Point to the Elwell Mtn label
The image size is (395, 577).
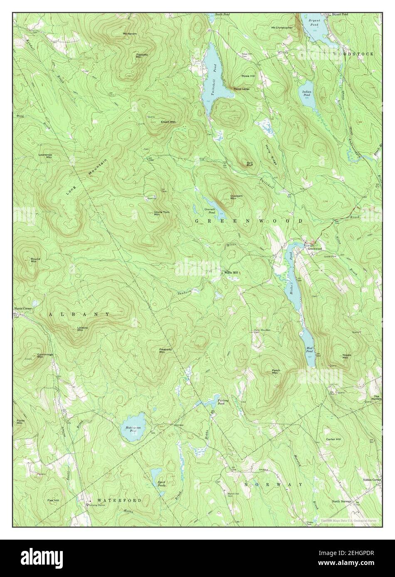click(x=168, y=122)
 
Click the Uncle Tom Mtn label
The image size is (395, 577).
click(x=157, y=213)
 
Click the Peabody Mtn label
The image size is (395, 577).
click(x=165, y=351)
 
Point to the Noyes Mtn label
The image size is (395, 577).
click(x=347, y=356)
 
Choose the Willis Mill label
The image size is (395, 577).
click(x=231, y=273)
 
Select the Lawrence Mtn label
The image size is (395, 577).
click(x=46, y=156)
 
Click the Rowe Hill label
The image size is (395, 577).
click(x=248, y=76)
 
